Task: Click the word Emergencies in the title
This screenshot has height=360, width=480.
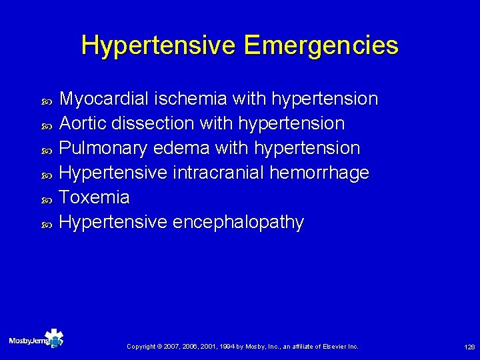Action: click(321, 46)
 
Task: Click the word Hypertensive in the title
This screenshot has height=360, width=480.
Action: click(158, 46)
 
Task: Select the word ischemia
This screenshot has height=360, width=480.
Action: click(189, 99)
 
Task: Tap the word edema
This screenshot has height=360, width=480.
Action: click(181, 148)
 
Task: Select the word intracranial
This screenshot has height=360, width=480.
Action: click(218, 173)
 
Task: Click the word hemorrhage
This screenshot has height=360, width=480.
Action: click(319, 173)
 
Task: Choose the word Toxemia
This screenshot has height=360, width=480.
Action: click(94, 197)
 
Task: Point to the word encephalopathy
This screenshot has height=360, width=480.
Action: click(238, 223)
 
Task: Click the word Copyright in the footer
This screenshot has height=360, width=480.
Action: click(141, 347)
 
